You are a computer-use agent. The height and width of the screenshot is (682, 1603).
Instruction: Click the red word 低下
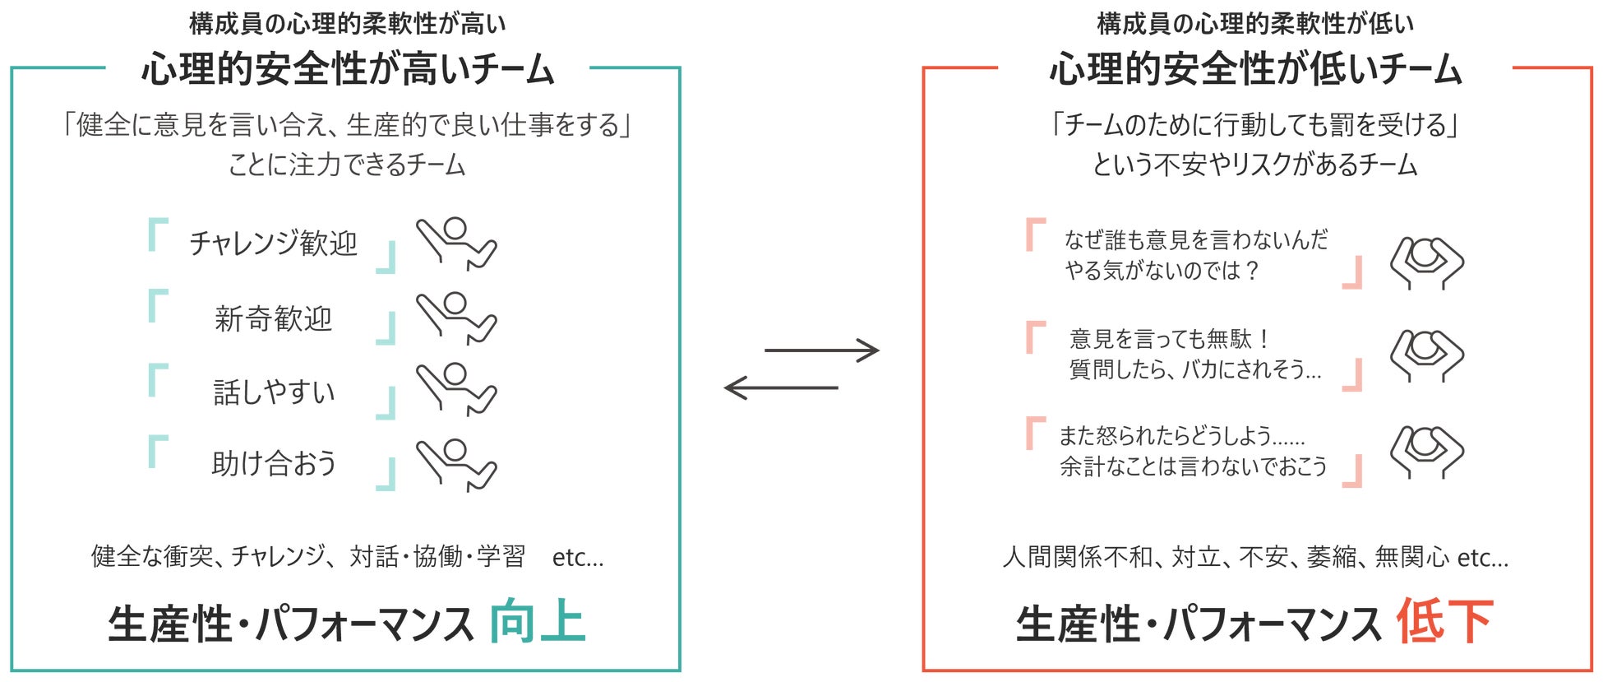pyautogui.click(x=1444, y=623)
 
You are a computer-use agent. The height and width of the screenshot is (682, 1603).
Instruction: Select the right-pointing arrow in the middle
pyautogui.click(x=822, y=350)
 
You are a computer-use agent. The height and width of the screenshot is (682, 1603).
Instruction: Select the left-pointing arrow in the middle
pyautogui.click(x=781, y=387)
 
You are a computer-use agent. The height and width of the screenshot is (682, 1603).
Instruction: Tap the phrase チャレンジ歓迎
pyautogui.click(x=273, y=244)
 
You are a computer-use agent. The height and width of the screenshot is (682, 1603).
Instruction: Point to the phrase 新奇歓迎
pyautogui.click(x=273, y=318)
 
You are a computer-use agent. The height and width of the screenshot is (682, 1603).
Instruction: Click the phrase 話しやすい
pyautogui.click(x=274, y=392)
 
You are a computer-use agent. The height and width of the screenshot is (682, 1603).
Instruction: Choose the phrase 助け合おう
pyautogui.click(x=274, y=464)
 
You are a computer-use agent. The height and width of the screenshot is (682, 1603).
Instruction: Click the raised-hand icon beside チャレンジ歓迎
pyautogui.click(x=455, y=244)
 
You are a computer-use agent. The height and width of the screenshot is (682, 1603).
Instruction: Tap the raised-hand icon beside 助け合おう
pyautogui.click(x=455, y=465)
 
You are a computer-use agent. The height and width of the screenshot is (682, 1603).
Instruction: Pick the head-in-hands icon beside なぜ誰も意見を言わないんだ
pyautogui.click(x=1426, y=262)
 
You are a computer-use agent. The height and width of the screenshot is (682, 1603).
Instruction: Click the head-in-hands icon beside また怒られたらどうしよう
pyautogui.click(x=1426, y=451)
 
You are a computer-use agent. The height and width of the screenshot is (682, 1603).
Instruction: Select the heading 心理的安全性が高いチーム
pyautogui.click(x=348, y=69)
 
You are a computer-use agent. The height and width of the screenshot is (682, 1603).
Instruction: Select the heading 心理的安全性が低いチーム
pyautogui.click(x=1255, y=69)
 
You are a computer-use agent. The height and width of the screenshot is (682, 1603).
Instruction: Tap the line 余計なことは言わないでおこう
pyautogui.click(x=1193, y=466)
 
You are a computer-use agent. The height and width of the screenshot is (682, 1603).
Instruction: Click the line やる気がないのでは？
pyautogui.click(x=1162, y=271)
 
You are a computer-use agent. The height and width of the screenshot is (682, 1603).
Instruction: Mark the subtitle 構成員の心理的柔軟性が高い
pyautogui.click(x=348, y=24)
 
